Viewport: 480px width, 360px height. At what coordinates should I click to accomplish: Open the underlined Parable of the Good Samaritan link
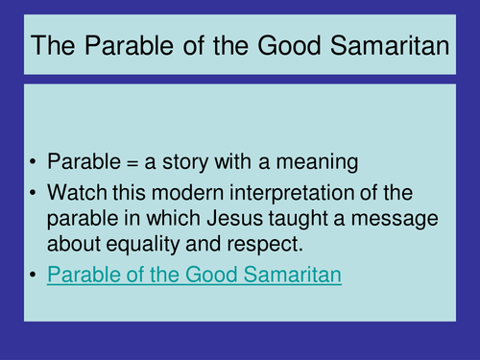click(x=194, y=276)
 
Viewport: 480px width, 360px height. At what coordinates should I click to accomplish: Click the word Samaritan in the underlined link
click(x=292, y=276)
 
